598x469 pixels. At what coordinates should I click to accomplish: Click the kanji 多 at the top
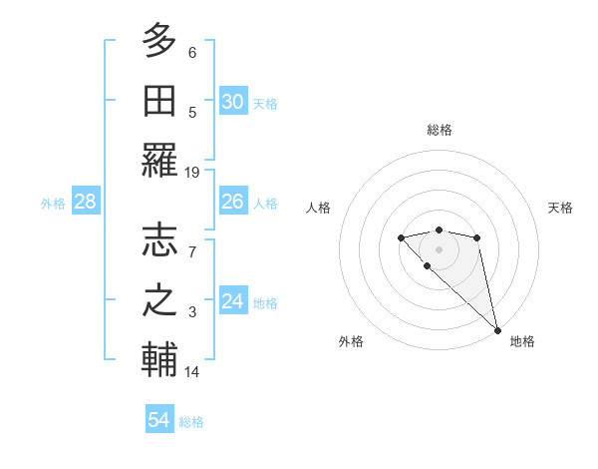tap(159, 42)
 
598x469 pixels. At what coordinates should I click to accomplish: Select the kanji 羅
tap(159, 160)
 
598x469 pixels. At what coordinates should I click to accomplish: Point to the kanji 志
tap(159, 239)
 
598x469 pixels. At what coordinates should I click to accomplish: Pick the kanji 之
tap(159, 300)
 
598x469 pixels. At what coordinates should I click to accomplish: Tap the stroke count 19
tap(192, 173)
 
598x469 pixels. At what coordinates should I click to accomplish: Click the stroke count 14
tap(192, 372)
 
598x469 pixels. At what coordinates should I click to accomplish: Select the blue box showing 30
tap(233, 102)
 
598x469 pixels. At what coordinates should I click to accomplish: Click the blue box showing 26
tap(233, 202)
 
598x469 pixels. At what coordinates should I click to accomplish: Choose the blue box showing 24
tap(233, 301)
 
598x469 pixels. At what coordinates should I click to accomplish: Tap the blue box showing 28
tap(86, 202)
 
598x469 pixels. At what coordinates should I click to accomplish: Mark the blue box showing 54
tap(159, 420)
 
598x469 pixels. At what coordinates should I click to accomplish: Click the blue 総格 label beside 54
tap(191, 422)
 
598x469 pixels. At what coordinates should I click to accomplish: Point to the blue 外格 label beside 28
tap(53, 204)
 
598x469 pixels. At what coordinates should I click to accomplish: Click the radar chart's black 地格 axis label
tap(522, 341)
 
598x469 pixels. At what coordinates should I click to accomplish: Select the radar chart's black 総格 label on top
tap(439, 130)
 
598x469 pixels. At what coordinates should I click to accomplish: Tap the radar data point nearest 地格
tap(497, 330)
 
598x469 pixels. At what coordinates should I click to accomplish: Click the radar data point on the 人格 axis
tap(401, 237)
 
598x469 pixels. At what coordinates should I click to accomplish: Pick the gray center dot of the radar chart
tap(439, 248)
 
